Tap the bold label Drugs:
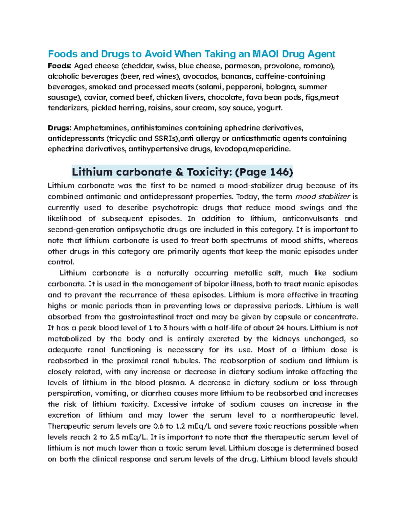pyautogui.click(x=60, y=128)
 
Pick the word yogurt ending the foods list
pyautogui.click(x=269, y=108)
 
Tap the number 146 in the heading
pyautogui.click(x=280, y=172)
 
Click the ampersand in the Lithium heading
pyautogui.click(x=179, y=172)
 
